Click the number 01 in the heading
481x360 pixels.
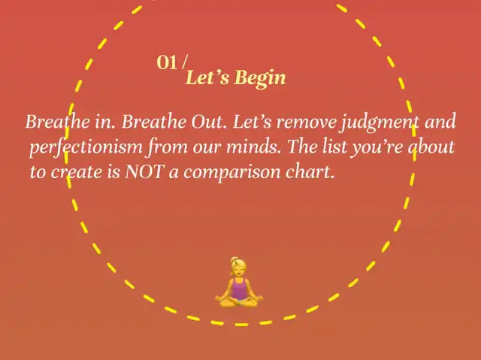pyautogui.click(x=167, y=62)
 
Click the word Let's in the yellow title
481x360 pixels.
pyautogui.click(x=207, y=77)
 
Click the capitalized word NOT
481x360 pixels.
pyautogui.click(x=144, y=171)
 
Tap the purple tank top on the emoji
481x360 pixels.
pyautogui.click(x=239, y=289)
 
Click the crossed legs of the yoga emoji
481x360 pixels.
pyautogui.click(x=239, y=302)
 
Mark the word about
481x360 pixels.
pyautogui.click(x=431, y=147)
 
